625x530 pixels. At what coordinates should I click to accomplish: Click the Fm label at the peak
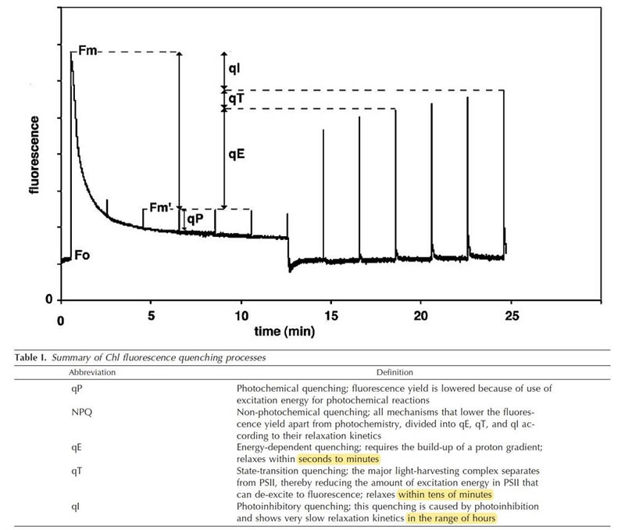click(x=87, y=52)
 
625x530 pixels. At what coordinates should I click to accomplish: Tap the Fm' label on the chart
click(x=162, y=209)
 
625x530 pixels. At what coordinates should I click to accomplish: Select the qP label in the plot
click(x=195, y=220)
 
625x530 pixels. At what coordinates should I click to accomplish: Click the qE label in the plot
click(x=237, y=155)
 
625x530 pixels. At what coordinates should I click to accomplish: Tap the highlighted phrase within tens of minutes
click(x=445, y=494)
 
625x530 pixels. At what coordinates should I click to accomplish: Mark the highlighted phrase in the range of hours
click(x=451, y=517)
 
